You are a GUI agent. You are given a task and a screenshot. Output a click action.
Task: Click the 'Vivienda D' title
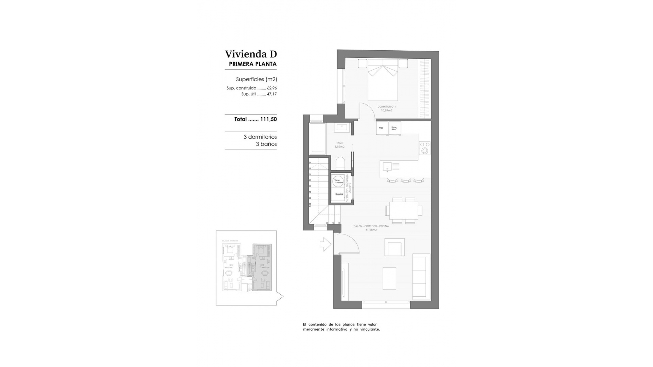[x=251, y=54]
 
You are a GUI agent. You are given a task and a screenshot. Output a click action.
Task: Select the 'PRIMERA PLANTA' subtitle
[x=253, y=64]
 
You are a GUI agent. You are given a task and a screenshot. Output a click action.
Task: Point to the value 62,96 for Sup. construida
[x=272, y=88]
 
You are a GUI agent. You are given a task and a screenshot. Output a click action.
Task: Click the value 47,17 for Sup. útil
[x=272, y=94]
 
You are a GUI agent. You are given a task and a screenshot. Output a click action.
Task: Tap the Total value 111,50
[x=268, y=119]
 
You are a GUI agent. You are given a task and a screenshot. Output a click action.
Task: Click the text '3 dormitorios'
[x=260, y=137]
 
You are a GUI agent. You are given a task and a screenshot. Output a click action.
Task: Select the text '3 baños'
[x=266, y=144]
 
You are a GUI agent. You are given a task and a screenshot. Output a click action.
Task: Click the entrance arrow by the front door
[x=325, y=244]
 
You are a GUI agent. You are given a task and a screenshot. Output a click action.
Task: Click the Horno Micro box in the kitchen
[x=395, y=128]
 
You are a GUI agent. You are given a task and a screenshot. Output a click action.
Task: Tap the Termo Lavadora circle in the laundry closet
[x=338, y=181]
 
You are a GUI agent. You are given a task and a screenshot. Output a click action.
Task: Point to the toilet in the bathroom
[x=340, y=163]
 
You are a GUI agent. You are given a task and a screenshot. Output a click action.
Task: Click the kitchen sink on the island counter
[x=387, y=167]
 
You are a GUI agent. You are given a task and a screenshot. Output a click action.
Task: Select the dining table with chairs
[x=404, y=210]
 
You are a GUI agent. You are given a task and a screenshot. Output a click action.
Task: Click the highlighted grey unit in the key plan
[x=262, y=267]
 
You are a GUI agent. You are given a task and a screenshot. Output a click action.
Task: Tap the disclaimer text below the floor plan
[x=341, y=327]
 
